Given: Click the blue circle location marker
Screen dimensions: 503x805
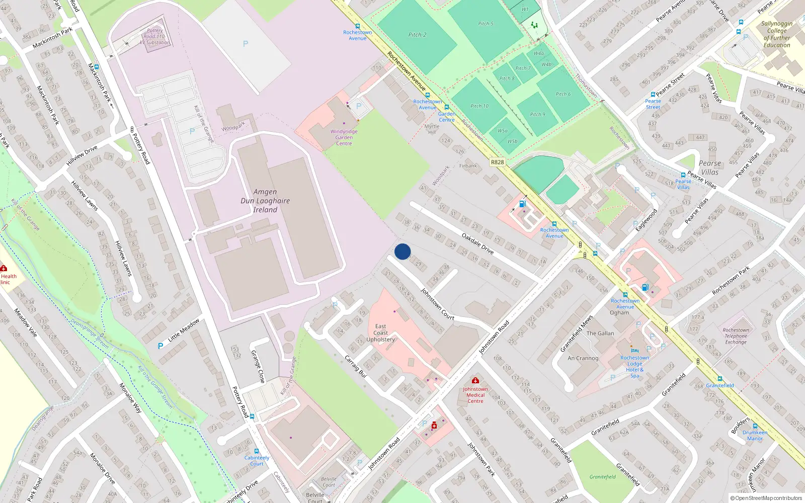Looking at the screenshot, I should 403,251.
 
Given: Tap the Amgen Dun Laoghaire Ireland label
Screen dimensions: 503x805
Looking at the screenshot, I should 265,201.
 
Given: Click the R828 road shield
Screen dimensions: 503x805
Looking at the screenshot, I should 497,162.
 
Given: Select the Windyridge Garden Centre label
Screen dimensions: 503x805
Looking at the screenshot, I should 344,137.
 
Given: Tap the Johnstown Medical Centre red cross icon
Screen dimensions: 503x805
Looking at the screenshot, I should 475,381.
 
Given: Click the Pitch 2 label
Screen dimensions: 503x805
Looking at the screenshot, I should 417,35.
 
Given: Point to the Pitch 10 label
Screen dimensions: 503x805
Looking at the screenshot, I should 479,106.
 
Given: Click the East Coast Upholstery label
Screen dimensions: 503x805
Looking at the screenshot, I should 381,333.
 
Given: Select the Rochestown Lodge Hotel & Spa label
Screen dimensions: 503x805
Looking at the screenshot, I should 634,367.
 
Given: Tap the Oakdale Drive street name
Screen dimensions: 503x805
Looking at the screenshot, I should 477,243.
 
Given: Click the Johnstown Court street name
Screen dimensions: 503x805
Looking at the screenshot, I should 438,304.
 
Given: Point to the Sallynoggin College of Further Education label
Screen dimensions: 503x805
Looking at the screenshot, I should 777,34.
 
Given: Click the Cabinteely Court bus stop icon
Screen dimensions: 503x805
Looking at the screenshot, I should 257,451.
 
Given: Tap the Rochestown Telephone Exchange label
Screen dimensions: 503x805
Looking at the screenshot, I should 736,336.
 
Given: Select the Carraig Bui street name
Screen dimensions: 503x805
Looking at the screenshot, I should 355,367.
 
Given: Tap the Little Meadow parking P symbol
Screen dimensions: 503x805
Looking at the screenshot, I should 160,346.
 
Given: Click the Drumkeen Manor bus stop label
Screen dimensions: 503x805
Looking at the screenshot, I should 755,435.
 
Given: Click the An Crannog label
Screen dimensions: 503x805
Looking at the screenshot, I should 583,358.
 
